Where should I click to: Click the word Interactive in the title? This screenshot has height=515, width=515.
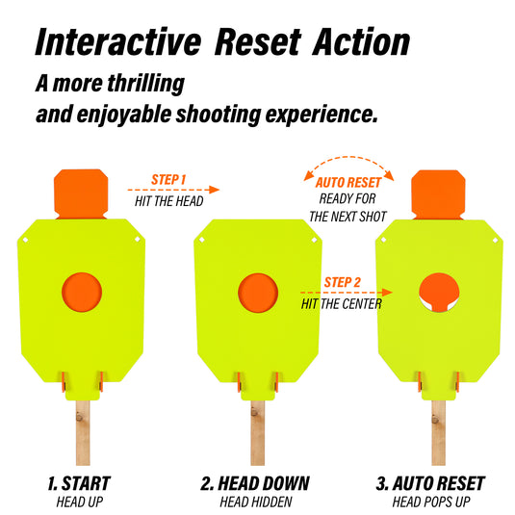(x=118, y=41)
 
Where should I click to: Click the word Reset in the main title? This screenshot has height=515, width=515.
(x=258, y=41)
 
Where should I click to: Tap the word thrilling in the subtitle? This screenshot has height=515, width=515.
(x=146, y=83)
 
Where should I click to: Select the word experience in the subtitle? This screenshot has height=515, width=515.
(x=322, y=115)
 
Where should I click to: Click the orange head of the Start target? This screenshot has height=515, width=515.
(x=81, y=193)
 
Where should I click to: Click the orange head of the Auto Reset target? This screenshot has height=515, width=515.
(x=438, y=194)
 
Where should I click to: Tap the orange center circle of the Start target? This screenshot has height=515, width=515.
(x=82, y=292)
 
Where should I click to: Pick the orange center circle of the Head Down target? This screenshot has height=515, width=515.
(x=258, y=293)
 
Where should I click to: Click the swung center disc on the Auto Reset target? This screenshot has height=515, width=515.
(x=439, y=292)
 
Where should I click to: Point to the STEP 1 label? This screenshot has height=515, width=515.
(x=168, y=180)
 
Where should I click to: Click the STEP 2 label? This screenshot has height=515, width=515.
(x=343, y=282)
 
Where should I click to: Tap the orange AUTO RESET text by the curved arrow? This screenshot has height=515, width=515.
(x=348, y=183)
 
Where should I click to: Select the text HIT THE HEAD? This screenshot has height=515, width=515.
(x=169, y=201)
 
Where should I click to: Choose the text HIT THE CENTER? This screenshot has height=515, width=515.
(x=342, y=304)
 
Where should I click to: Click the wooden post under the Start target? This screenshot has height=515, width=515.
(x=83, y=433)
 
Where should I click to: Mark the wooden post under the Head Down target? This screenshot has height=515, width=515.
(x=258, y=433)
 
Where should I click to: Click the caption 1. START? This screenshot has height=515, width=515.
(x=79, y=483)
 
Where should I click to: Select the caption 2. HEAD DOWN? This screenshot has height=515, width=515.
(x=255, y=483)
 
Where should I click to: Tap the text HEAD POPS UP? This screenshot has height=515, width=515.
(x=431, y=502)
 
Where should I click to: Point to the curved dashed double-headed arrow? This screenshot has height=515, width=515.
(x=348, y=157)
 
